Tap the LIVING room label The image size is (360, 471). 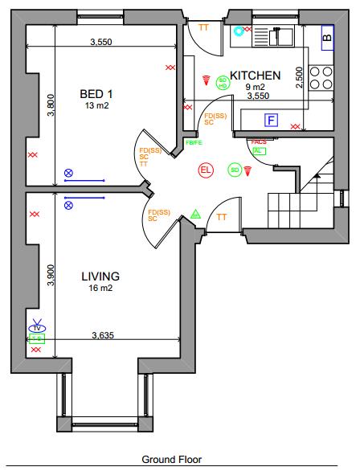100,276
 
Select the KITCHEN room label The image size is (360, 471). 255,76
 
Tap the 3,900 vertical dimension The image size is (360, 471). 51,276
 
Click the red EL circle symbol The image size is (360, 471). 205,170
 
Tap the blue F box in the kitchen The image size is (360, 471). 272,121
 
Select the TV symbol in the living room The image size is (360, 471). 36,327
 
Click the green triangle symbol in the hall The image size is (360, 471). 195,215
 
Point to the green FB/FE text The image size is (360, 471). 194,142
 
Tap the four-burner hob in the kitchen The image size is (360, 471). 323,76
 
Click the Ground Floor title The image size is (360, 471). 172,460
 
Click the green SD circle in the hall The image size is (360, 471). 234,170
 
